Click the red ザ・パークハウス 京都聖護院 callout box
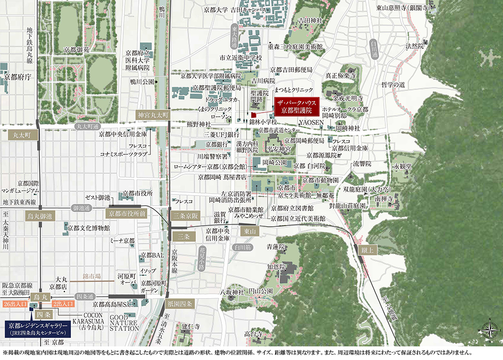297,105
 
